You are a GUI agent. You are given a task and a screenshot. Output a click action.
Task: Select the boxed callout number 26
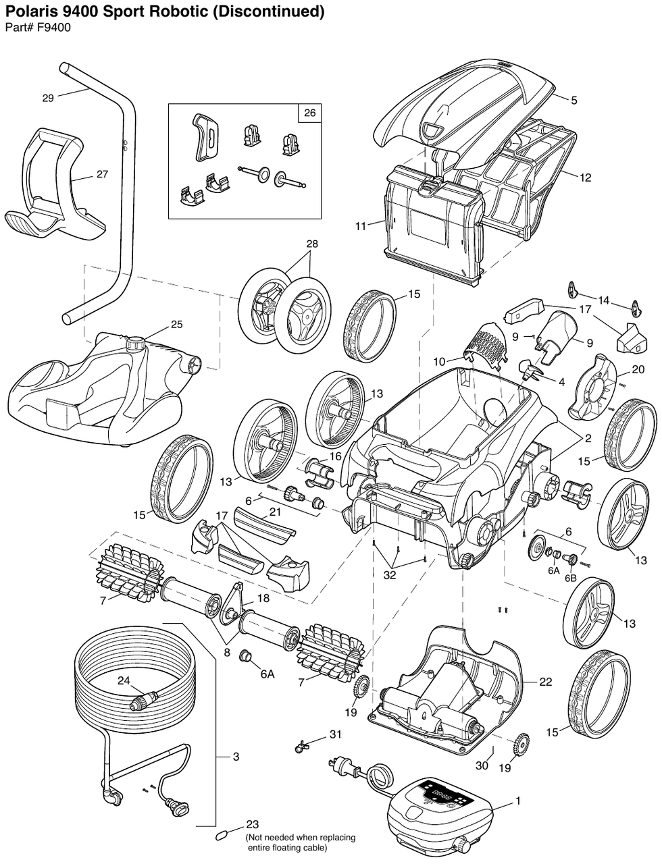(x=309, y=113)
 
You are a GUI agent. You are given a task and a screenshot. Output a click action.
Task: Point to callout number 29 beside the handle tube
(x=48, y=98)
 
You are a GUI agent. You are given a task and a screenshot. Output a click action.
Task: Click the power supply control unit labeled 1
(x=439, y=810)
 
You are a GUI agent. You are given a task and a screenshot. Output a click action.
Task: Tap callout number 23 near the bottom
(x=253, y=824)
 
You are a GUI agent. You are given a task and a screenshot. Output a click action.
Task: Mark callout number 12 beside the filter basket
(x=585, y=178)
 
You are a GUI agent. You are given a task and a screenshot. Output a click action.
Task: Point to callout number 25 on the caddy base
(x=176, y=325)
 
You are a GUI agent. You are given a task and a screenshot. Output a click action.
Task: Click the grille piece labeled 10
(x=484, y=341)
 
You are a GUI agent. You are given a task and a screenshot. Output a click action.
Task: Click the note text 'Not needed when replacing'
(x=301, y=837)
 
